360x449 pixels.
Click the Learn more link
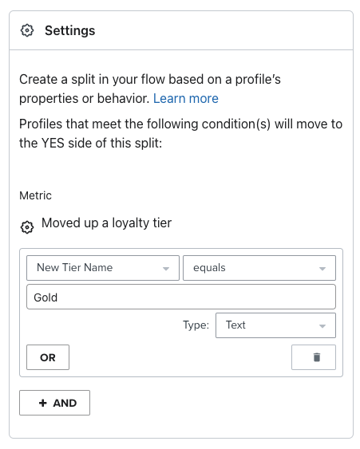point(186,99)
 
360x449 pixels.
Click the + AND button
point(54,403)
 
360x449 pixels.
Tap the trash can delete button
point(314,357)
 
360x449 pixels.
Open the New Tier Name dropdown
point(103,268)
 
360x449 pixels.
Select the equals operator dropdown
point(259,268)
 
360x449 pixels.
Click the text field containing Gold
point(181,297)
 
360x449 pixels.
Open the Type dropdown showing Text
point(275,325)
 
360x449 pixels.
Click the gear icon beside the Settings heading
point(27,30)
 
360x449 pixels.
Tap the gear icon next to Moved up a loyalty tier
point(27,227)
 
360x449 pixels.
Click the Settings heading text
point(70,30)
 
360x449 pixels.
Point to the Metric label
point(35,195)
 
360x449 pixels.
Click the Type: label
point(196,325)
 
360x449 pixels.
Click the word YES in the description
point(53,143)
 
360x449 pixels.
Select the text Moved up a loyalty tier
point(107,223)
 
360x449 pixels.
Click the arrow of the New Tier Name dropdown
point(166,269)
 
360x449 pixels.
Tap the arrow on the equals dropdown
point(322,269)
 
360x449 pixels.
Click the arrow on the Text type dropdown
point(322,326)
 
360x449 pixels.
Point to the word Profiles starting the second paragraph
point(41,124)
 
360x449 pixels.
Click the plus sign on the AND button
point(43,403)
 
